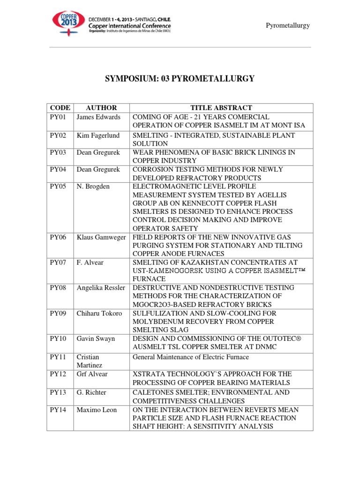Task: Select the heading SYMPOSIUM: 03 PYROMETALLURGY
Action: pos(180,79)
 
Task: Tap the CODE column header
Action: pos(60,108)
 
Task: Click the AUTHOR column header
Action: pos(102,108)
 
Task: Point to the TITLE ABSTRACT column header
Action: pos(221,108)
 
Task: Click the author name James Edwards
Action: pos(98,117)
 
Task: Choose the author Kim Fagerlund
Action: pos(98,135)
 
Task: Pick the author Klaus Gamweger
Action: pos(101,238)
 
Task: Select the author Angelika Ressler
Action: pos(101,287)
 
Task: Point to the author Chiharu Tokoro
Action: pos(99,313)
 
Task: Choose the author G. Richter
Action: pos(92,392)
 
